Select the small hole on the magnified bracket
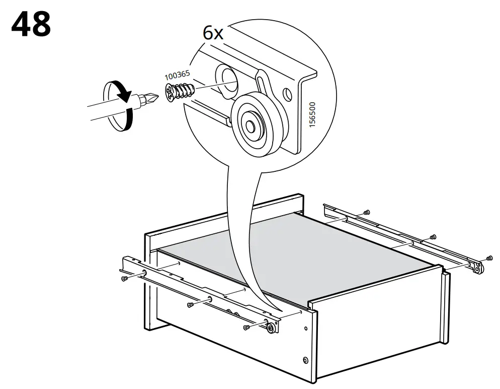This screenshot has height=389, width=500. (x=287, y=94)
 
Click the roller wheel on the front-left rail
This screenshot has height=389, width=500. (x=271, y=328)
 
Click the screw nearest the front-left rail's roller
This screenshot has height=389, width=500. (x=246, y=327)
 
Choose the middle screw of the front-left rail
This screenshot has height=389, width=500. (x=191, y=304)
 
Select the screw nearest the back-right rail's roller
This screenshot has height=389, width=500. (x=489, y=258)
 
